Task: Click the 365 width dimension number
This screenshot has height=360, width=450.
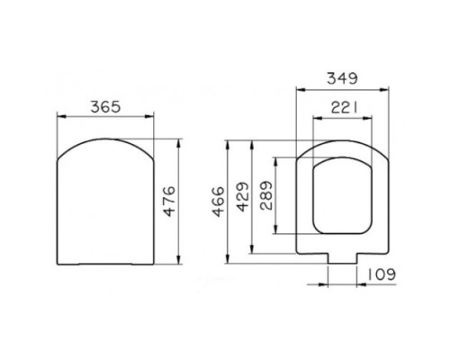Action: pyautogui.click(x=107, y=105)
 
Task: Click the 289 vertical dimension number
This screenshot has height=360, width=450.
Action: pyautogui.click(x=266, y=203)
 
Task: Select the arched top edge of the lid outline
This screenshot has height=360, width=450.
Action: pyautogui.click(x=107, y=139)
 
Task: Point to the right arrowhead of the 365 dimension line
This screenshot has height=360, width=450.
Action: pyautogui.click(x=154, y=115)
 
